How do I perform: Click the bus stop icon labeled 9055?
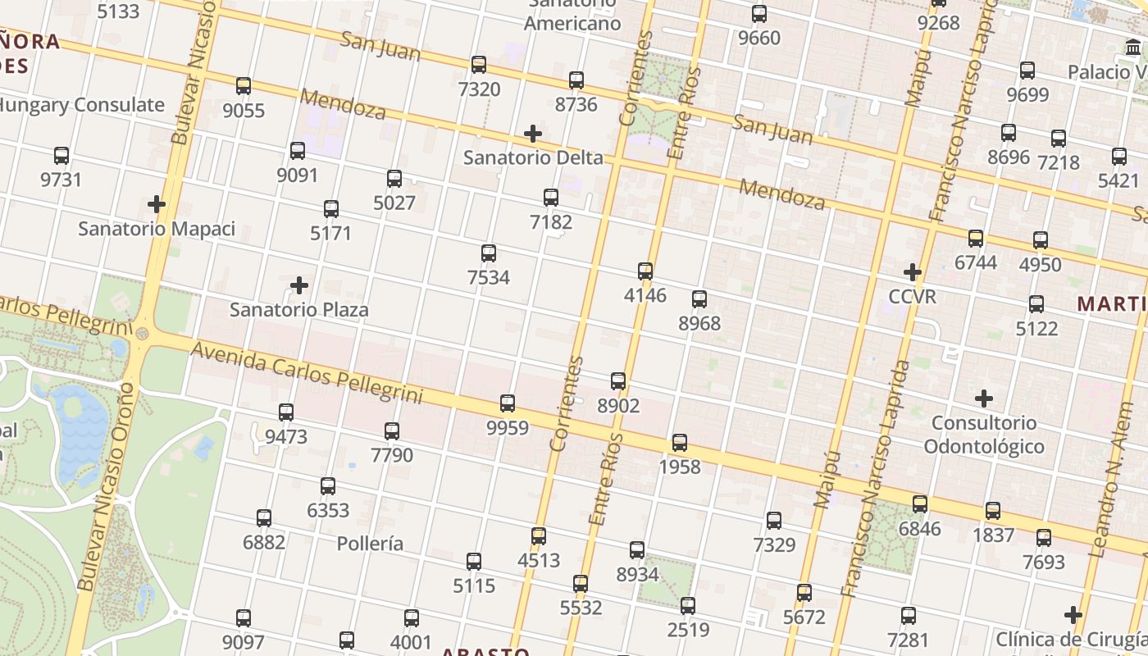244,86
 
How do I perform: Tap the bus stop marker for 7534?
489,253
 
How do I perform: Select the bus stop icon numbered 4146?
645,271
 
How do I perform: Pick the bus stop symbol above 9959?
508,403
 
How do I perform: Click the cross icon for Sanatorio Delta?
533,134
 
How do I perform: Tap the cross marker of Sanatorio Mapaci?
157,204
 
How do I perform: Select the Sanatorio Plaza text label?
298,310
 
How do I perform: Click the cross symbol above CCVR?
912,272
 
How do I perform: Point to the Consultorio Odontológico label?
984,435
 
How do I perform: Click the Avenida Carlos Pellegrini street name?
306,374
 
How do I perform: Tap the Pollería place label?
370,544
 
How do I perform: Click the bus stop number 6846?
920,529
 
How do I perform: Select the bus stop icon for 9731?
61,156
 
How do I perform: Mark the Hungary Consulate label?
80,105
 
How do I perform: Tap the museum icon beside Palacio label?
1134,48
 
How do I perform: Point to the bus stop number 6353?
328,510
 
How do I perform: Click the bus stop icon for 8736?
576,80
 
